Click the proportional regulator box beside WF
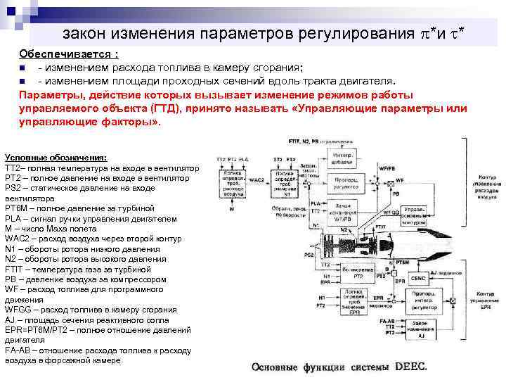(347, 182)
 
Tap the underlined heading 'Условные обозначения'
(56, 157)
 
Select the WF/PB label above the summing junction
(387, 169)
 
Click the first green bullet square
(23, 68)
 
